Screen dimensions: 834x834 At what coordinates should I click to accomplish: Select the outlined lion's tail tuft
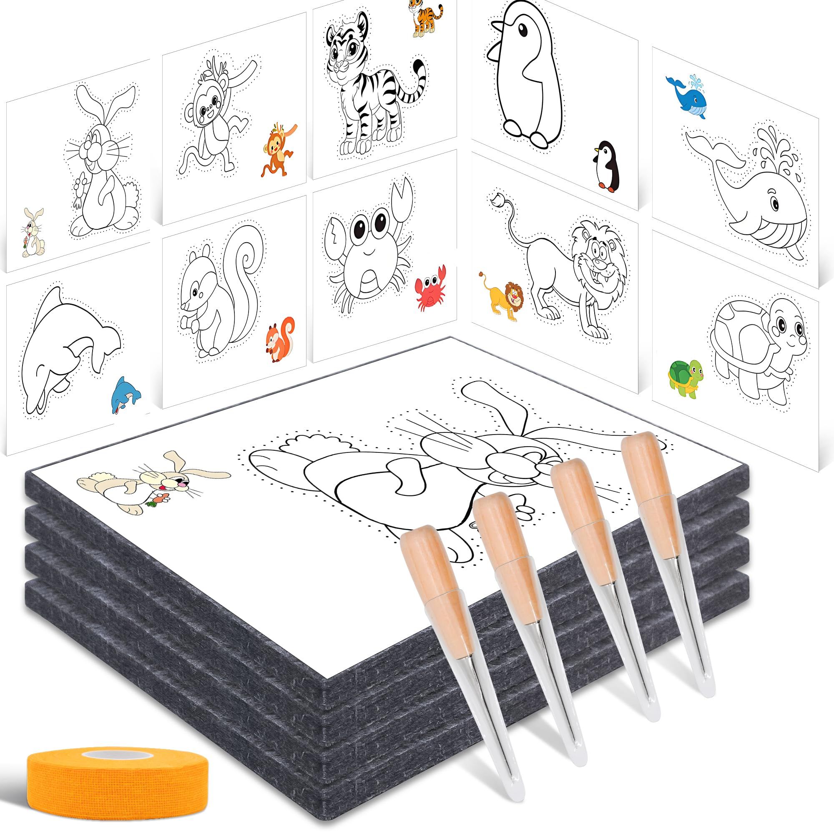pos(498,199)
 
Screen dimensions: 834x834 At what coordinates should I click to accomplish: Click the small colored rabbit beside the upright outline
pos(31,233)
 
